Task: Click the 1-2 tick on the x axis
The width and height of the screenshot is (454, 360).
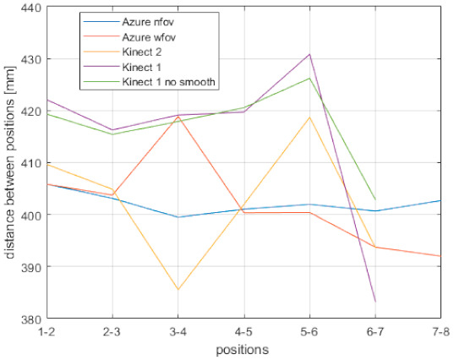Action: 46,331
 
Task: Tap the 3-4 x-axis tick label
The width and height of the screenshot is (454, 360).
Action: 178,331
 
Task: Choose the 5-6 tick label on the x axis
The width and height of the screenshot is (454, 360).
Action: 309,331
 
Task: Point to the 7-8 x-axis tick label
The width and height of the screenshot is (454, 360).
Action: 440,331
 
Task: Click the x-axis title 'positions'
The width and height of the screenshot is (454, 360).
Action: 243,348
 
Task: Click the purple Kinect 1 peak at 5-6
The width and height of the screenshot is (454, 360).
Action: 309,54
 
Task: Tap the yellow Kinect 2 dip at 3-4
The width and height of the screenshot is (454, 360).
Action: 178,290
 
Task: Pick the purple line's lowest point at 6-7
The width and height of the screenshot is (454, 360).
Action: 375,302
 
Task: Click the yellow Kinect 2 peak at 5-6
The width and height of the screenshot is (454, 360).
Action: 309,117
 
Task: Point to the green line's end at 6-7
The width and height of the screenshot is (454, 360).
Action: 375,199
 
